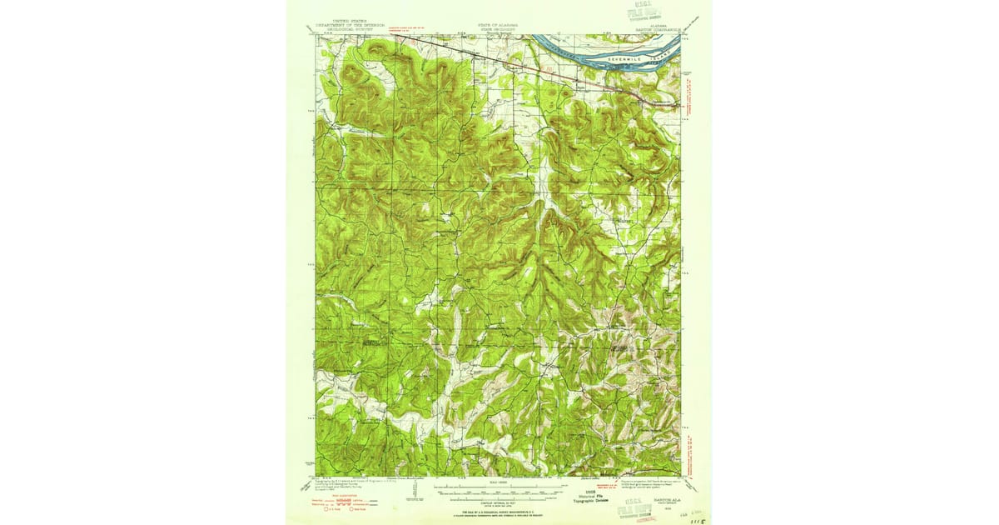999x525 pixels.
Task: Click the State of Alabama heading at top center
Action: coord(498,26)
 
